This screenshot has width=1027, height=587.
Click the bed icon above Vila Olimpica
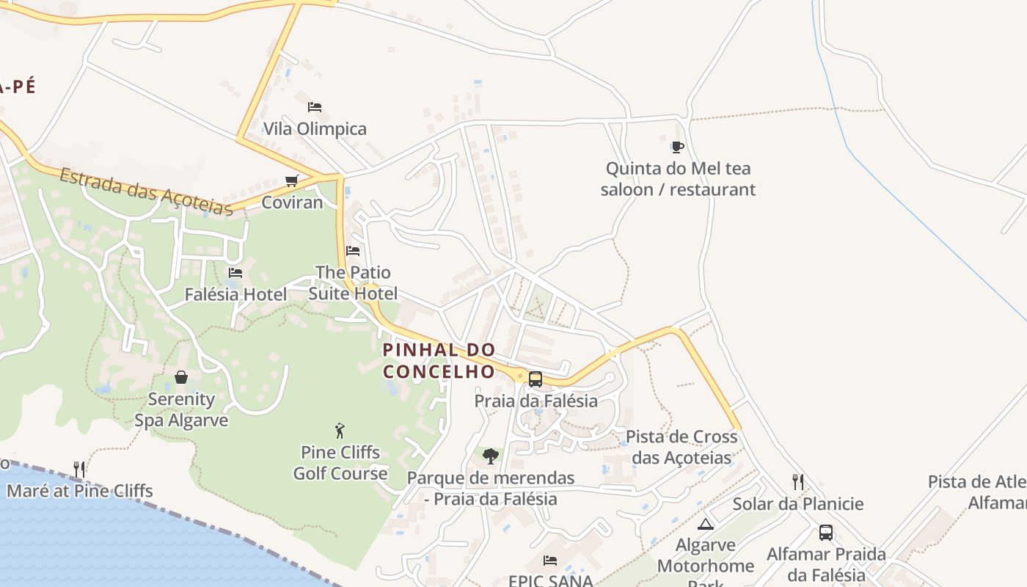pyautogui.click(x=315, y=107)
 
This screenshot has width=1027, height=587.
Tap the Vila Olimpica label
pyautogui.click(x=315, y=129)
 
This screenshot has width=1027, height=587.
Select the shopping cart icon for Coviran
pyautogui.click(x=292, y=181)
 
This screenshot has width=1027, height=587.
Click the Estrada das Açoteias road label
pyautogui.click(x=146, y=192)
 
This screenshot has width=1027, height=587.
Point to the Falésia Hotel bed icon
pyautogui.click(x=235, y=273)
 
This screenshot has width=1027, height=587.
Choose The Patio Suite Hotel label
pyautogui.click(x=353, y=283)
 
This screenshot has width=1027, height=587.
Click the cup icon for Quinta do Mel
pyautogui.click(x=678, y=147)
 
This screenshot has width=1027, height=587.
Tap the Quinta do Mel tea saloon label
pyautogui.click(x=678, y=179)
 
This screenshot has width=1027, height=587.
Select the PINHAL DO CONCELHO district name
pyautogui.click(x=439, y=361)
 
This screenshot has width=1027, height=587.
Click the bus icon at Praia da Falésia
pyautogui.click(x=536, y=379)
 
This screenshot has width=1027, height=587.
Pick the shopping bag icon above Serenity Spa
pyautogui.click(x=181, y=377)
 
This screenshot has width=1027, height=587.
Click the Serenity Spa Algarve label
pyautogui.click(x=181, y=410)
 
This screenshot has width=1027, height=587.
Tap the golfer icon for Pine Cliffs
pyautogui.click(x=340, y=430)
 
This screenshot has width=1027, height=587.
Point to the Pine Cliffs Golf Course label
pyautogui.click(x=340, y=463)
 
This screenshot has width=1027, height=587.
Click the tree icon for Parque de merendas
pyautogui.click(x=491, y=456)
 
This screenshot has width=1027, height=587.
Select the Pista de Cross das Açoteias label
pyautogui.click(x=681, y=448)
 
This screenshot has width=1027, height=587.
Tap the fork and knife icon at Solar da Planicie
pyautogui.click(x=798, y=482)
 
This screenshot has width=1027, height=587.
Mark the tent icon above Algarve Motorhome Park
pyautogui.click(x=706, y=524)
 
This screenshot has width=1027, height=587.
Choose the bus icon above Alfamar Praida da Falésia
pyautogui.click(x=826, y=533)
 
